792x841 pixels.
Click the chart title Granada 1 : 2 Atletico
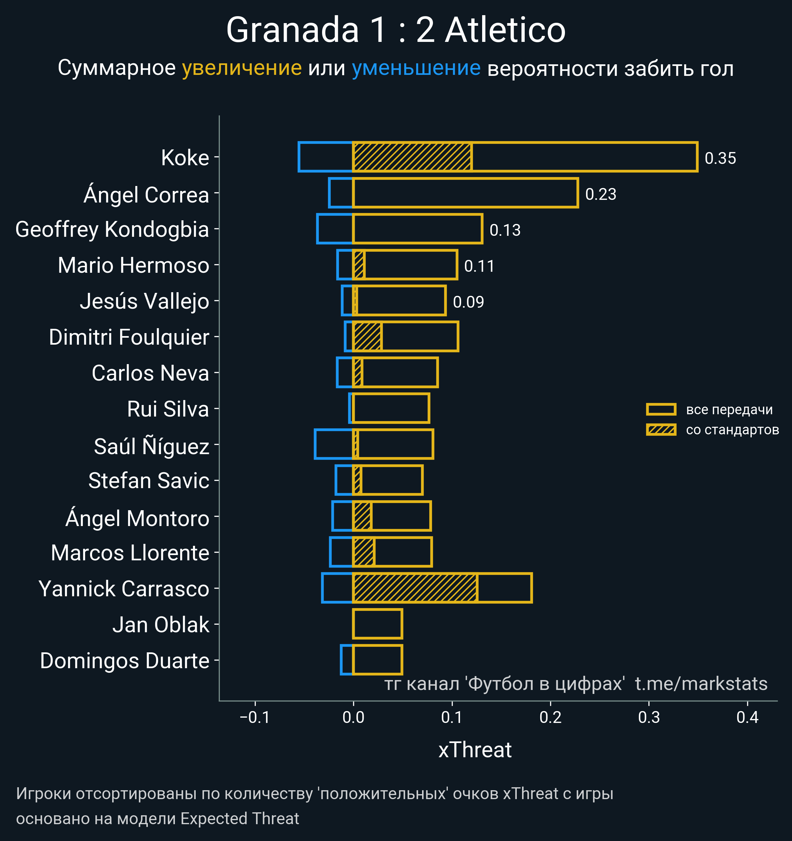point(396,30)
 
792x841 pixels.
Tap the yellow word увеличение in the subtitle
point(242,68)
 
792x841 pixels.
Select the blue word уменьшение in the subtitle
point(416,68)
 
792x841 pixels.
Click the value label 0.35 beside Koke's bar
point(720,158)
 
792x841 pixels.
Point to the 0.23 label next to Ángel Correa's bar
point(600,194)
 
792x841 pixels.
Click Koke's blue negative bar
point(325,157)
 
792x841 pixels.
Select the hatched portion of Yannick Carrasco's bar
point(415,588)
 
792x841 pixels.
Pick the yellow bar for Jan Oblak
point(377,624)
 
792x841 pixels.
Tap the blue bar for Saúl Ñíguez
point(334,444)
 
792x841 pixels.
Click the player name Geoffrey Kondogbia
point(112,229)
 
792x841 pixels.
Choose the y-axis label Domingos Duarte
point(124,661)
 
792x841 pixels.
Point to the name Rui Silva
point(168,409)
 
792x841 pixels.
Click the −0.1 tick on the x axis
point(255,717)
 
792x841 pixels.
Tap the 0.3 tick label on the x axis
point(648,717)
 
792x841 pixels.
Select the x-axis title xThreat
point(475,750)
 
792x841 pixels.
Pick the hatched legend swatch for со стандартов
point(661,430)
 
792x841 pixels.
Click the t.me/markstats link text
point(701,684)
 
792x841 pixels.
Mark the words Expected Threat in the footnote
point(240,819)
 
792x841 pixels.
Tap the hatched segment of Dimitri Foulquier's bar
point(367,337)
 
